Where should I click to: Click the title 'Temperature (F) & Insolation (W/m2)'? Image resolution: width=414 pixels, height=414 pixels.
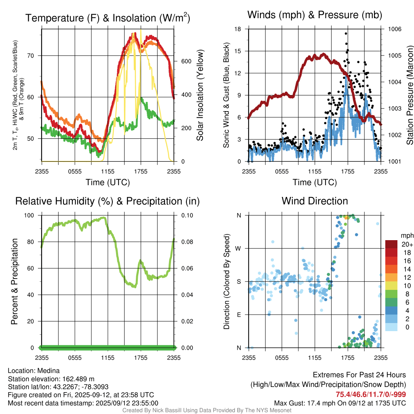[x=108, y=18]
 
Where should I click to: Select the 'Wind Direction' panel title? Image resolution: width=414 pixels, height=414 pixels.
[x=315, y=201]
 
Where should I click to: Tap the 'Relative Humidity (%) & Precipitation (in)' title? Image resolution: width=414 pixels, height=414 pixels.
[x=108, y=201]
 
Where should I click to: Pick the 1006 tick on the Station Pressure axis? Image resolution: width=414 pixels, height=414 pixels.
[x=394, y=29]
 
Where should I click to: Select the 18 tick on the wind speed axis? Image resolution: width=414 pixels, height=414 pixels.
[x=238, y=29]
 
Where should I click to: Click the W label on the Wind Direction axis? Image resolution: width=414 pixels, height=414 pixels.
[x=239, y=248]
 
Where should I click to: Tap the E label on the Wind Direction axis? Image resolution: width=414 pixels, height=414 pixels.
[x=239, y=315]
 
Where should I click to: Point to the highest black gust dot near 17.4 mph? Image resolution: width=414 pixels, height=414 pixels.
[x=346, y=34]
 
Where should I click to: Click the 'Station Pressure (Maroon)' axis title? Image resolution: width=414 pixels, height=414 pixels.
[x=409, y=95]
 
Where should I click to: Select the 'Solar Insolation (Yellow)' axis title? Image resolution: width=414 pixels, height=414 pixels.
[x=200, y=95]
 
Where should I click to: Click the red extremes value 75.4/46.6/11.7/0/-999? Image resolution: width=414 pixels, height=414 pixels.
[x=371, y=395]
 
